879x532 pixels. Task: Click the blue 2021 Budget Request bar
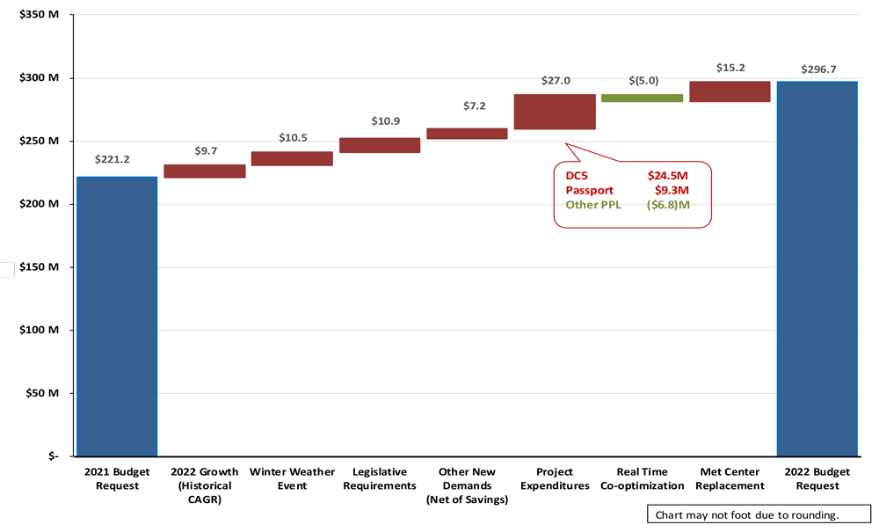[x=117, y=317]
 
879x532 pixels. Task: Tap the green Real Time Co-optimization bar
[x=642, y=98]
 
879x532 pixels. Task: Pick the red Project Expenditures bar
[x=555, y=112]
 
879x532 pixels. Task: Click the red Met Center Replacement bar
[x=730, y=91]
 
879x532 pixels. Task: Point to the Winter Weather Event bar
[x=292, y=158]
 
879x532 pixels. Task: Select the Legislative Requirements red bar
[x=380, y=145]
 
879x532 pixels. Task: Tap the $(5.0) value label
[x=643, y=81]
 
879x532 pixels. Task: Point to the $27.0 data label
[x=555, y=80]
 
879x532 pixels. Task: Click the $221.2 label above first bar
[x=113, y=160]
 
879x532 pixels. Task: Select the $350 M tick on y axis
[x=40, y=15]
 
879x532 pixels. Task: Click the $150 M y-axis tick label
[x=40, y=266]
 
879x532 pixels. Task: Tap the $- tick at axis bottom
[x=52, y=455]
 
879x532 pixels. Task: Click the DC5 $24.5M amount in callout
[x=667, y=176]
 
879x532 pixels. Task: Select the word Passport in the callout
[x=589, y=190]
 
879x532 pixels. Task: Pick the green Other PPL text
[x=594, y=204]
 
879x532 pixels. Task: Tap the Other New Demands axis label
[x=467, y=485]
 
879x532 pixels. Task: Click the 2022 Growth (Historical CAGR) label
[x=204, y=485]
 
